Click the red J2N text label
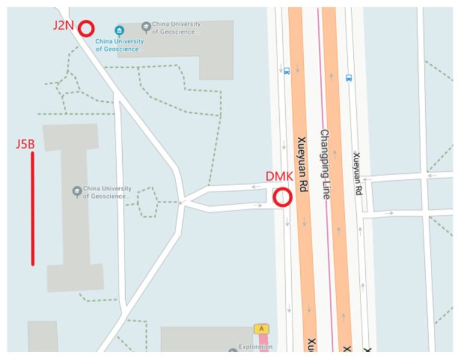(64, 25)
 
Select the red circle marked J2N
(87, 28)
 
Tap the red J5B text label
(25, 144)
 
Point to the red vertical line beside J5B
(32, 208)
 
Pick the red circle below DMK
(283, 198)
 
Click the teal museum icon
(119, 31)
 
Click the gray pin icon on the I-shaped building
(76, 191)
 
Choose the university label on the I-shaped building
(106, 192)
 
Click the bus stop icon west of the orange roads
(286, 70)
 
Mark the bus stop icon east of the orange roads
(348, 78)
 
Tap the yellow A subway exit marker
(261, 329)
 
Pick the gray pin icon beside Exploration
(233, 351)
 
